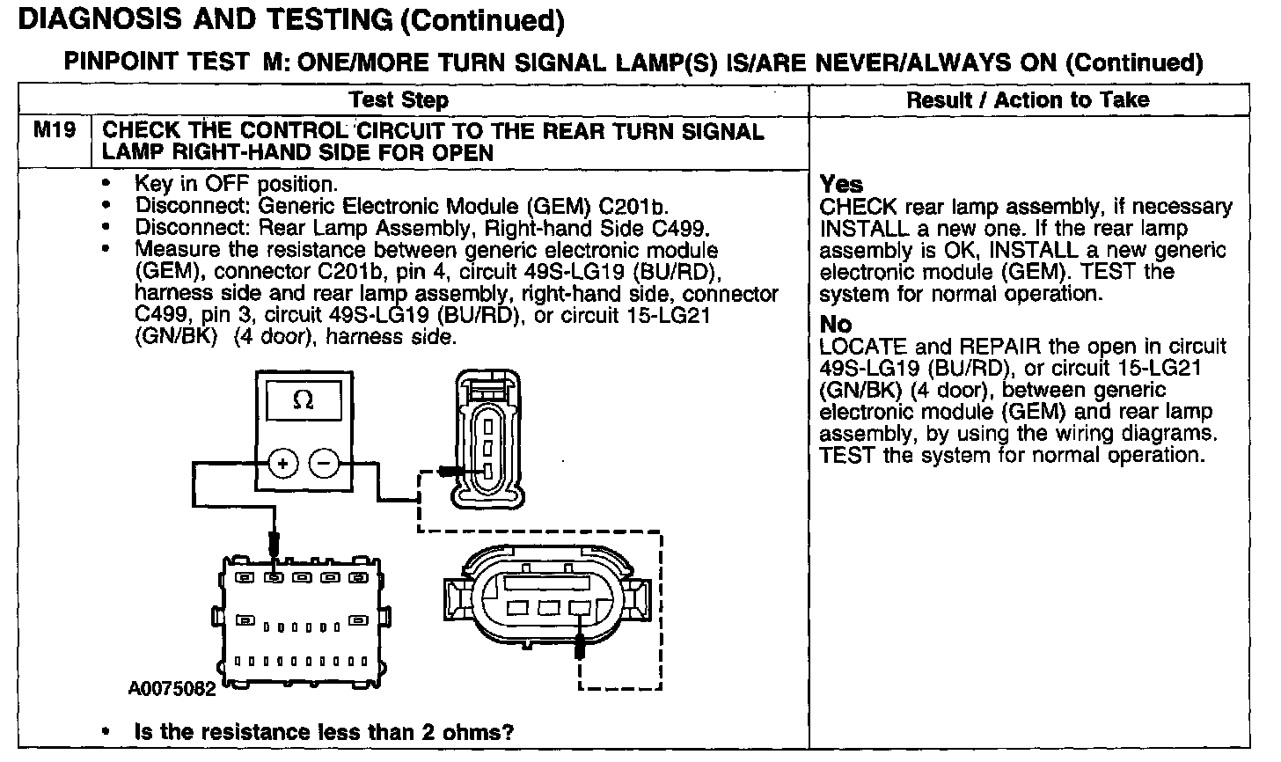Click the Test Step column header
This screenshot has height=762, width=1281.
[x=399, y=100]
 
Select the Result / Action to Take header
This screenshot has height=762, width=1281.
[x=1028, y=100]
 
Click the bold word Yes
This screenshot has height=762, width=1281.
[x=841, y=184]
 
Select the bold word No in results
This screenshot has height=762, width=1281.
[x=835, y=324]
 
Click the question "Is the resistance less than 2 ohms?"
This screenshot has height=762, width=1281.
[x=324, y=732]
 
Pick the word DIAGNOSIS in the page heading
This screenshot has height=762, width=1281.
[x=97, y=19]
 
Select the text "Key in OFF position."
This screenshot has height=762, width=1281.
[x=236, y=184]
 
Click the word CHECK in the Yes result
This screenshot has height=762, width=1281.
[x=858, y=207]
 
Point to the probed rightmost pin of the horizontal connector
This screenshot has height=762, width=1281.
[x=579, y=607]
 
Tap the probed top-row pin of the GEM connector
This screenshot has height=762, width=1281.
[x=274, y=578]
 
